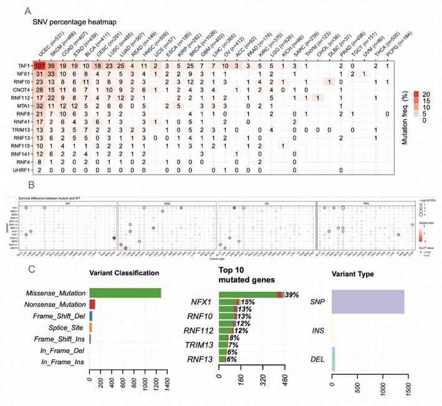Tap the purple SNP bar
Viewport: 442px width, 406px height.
367,301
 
